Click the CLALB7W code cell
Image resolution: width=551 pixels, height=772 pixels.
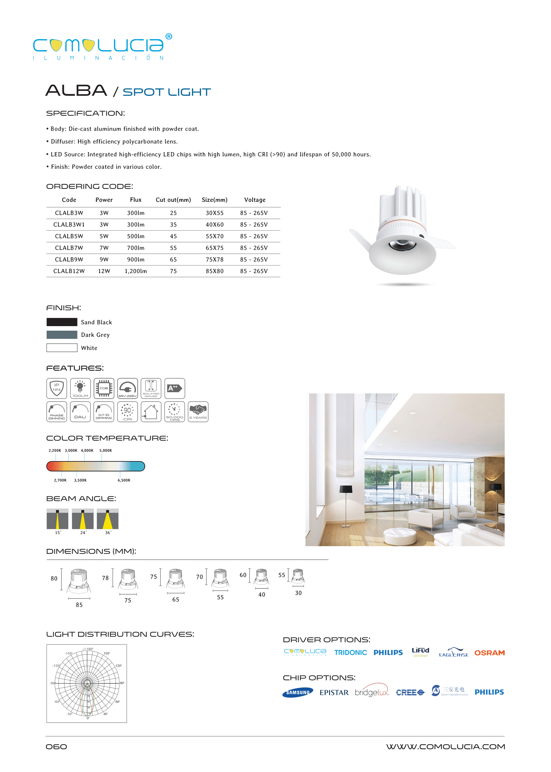[69, 248]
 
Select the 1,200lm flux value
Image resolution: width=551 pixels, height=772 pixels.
[136, 271]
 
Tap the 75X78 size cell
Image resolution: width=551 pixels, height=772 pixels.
[214, 259]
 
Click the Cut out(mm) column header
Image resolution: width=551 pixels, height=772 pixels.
[173, 200]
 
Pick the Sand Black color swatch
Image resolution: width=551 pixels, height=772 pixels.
[62, 322]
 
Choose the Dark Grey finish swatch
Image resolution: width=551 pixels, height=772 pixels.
[62, 335]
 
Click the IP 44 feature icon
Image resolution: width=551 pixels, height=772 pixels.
[57, 388]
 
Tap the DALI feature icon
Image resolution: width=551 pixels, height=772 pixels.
[80, 412]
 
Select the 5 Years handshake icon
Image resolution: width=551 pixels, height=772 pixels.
[198, 412]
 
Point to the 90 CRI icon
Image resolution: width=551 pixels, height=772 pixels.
[127, 412]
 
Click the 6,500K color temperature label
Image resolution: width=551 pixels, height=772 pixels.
[124, 480]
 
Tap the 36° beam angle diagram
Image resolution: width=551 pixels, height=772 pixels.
[108, 519]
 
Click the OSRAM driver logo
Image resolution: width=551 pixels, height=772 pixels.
[489, 653]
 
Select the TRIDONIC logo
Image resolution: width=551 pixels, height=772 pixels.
[350, 653]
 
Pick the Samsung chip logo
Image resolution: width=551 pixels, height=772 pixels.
[298, 692]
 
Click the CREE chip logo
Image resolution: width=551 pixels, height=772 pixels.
[410, 692]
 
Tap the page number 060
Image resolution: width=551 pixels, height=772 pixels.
[56, 746]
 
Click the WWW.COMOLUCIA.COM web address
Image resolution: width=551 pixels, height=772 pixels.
[445, 746]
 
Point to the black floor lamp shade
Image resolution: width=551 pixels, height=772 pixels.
[346, 489]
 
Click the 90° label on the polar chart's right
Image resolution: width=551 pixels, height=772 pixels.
[122, 683]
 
